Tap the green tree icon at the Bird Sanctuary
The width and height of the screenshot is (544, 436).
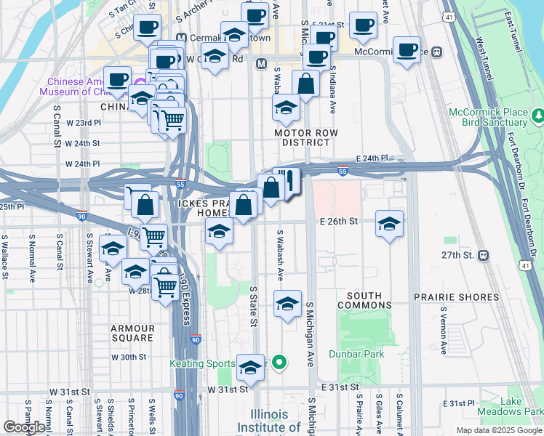(537, 116)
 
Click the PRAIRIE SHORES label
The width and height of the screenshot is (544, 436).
(457, 297)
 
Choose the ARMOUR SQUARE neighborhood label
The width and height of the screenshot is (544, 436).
(132, 333)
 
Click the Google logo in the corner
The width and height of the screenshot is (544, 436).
(24, 427)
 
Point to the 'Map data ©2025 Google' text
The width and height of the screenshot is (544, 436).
(498, 430)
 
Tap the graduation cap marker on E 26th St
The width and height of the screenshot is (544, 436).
(390, 225)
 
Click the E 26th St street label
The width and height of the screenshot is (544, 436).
(340, 221)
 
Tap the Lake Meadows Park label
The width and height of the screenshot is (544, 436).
(522, 406)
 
